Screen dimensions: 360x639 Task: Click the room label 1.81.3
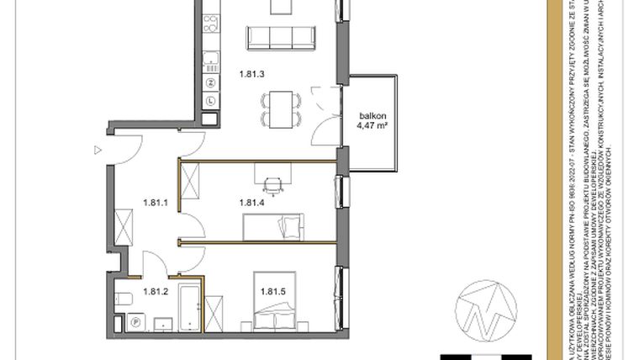coord(251,74)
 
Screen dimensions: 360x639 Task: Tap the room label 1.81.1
coord(156,202)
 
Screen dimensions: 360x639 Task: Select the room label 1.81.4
coord(251,202)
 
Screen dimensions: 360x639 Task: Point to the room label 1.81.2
coord(156,292)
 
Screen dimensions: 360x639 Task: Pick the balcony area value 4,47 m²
coord(371,130)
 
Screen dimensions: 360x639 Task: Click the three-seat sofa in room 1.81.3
coord(281,38)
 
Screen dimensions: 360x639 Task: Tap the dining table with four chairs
coord(281,109)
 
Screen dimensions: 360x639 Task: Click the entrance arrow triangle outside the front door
coord(98,150)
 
